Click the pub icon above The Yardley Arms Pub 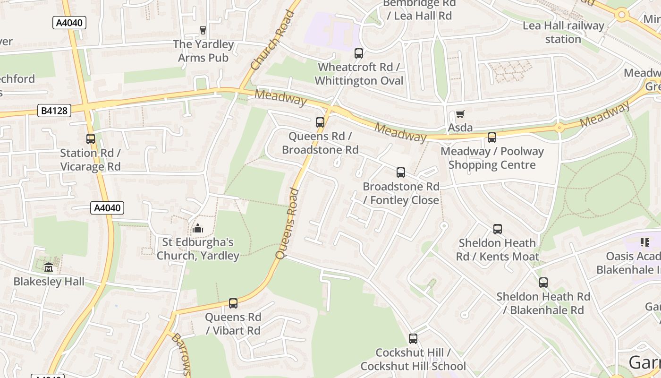point(203,30)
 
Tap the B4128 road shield point(54,111)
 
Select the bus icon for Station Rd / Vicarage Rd point(90,139)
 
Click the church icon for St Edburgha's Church point(198,228)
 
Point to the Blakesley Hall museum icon point(49,267)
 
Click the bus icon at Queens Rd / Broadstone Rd point(320,122)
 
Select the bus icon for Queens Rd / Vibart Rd point(233,303)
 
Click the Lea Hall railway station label point(563,32)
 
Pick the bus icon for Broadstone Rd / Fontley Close point(401,172)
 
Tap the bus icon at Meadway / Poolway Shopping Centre point(492,137)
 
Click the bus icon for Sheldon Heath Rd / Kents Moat point(498,229)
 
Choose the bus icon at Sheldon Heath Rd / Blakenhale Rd point(543,283)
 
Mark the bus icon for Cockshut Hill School point(413,339)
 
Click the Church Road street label point(272,40)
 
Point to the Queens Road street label point(288,223)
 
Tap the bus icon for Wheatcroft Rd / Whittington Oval point(359,53)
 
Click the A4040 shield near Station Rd point(107,208)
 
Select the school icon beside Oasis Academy point(645,242)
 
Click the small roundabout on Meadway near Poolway point(559,128)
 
